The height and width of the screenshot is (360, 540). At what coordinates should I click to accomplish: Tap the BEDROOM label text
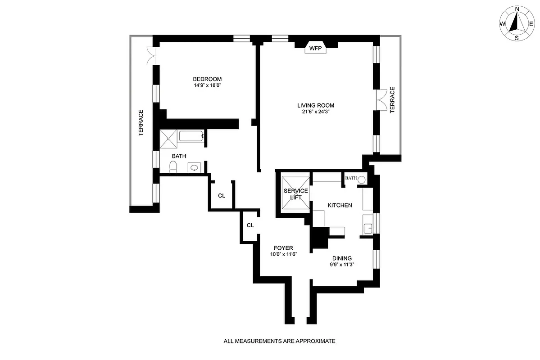coord(208,79)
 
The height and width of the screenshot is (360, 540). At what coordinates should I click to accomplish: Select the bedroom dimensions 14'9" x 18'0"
coord(208,85)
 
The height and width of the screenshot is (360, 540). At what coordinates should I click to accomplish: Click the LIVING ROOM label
coord(316,106)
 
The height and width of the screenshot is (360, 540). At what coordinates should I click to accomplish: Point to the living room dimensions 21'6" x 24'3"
coord(316,112)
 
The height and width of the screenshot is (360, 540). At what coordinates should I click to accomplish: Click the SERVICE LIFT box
coord(295,194)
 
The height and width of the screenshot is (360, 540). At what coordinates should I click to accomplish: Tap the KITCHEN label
coord(340,205)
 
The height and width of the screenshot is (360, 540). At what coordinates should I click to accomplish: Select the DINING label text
coord(342,258)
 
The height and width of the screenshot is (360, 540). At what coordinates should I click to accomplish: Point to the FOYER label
coord(284,248)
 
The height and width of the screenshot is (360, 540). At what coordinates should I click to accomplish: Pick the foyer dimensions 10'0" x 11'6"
coord(284,254)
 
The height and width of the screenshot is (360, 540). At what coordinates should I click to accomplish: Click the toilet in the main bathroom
coord(172,167)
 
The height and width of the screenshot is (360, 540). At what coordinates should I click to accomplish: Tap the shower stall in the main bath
coord(168,139)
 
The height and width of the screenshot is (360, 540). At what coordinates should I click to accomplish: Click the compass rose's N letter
coord(517,9)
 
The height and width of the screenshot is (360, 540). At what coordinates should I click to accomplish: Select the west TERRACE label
coord(141,123)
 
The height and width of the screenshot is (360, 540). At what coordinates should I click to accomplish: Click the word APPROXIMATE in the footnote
coord(316,341)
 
